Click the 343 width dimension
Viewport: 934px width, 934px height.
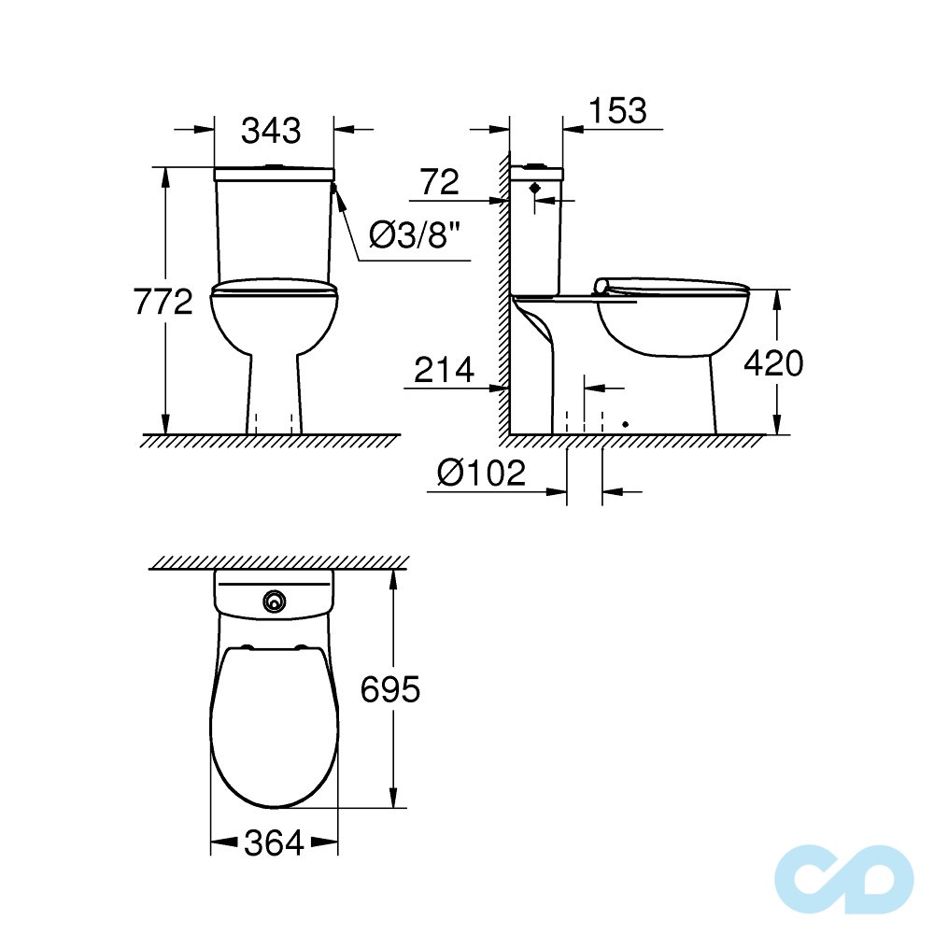tap(272, 131)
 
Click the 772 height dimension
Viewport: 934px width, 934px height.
tap(162, 303)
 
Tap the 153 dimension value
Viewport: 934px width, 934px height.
tap(617, 110)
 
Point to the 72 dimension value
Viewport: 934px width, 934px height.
tap(439, 182)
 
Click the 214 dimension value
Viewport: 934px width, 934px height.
tap(444, 371)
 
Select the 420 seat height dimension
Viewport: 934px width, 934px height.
tap(772, 363)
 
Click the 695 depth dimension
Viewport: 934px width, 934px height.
tap(390, 690)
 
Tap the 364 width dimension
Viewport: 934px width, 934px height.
tap(274, 843)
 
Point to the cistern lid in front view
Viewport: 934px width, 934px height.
tap(274, 174)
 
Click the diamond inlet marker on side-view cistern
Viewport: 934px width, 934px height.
tap(535, 188)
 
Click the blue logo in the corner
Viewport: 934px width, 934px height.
tap(844, 877)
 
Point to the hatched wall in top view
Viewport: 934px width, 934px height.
tap(278, 561)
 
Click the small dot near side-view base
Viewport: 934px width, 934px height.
tap(625, 424)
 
